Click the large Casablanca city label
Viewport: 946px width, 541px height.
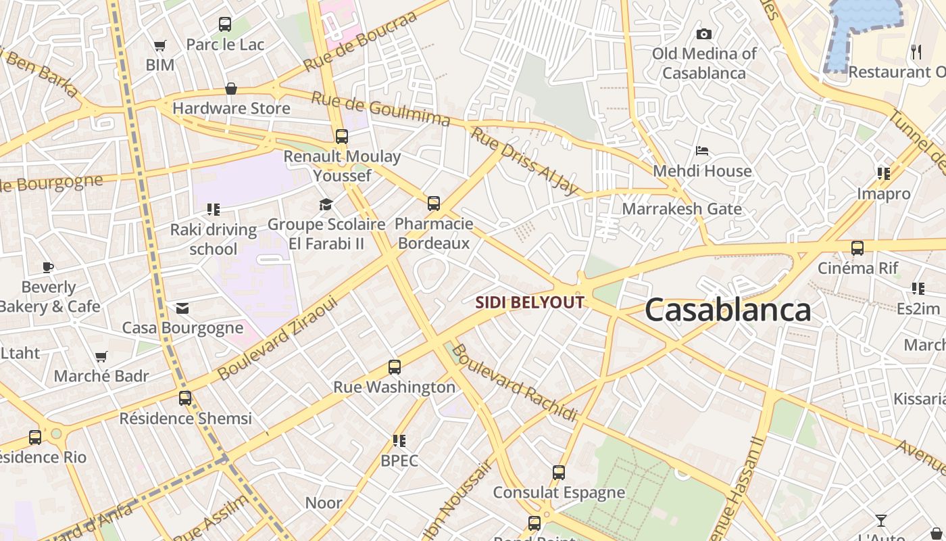727,310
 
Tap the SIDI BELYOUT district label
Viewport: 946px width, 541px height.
530,302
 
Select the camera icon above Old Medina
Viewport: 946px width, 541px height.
703,34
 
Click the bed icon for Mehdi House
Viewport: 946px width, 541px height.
702,151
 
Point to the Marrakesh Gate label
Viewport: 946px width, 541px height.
682,209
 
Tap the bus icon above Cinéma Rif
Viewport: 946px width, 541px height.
857,248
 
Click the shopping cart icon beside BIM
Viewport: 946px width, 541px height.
159,46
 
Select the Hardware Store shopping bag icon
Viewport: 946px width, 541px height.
231,89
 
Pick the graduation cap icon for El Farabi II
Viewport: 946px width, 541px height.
326,204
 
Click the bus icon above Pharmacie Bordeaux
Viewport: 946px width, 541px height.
434,204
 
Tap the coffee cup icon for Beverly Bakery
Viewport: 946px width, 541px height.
47,267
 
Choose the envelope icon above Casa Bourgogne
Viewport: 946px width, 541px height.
182,308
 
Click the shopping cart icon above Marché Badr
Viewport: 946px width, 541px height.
101,356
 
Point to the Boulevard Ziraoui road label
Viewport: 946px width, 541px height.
277,339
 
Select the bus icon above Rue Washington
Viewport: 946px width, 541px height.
395,367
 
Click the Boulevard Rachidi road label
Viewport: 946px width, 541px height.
514,383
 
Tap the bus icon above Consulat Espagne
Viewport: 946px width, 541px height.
559,473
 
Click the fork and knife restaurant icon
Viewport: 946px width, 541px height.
916,51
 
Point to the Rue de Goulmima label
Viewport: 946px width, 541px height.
380,109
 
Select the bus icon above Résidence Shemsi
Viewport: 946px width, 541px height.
185,398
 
